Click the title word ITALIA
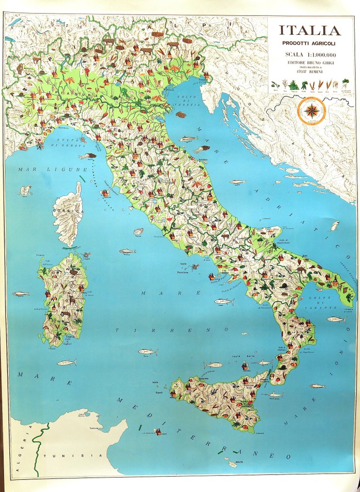(x=310, y=31)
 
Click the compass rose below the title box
(x=312, y=110)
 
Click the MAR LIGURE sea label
(x=35, y=169)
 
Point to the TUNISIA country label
(x=73, y=456)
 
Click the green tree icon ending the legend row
(x=345, y=83)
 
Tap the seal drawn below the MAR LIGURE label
(x=25, y=190)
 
